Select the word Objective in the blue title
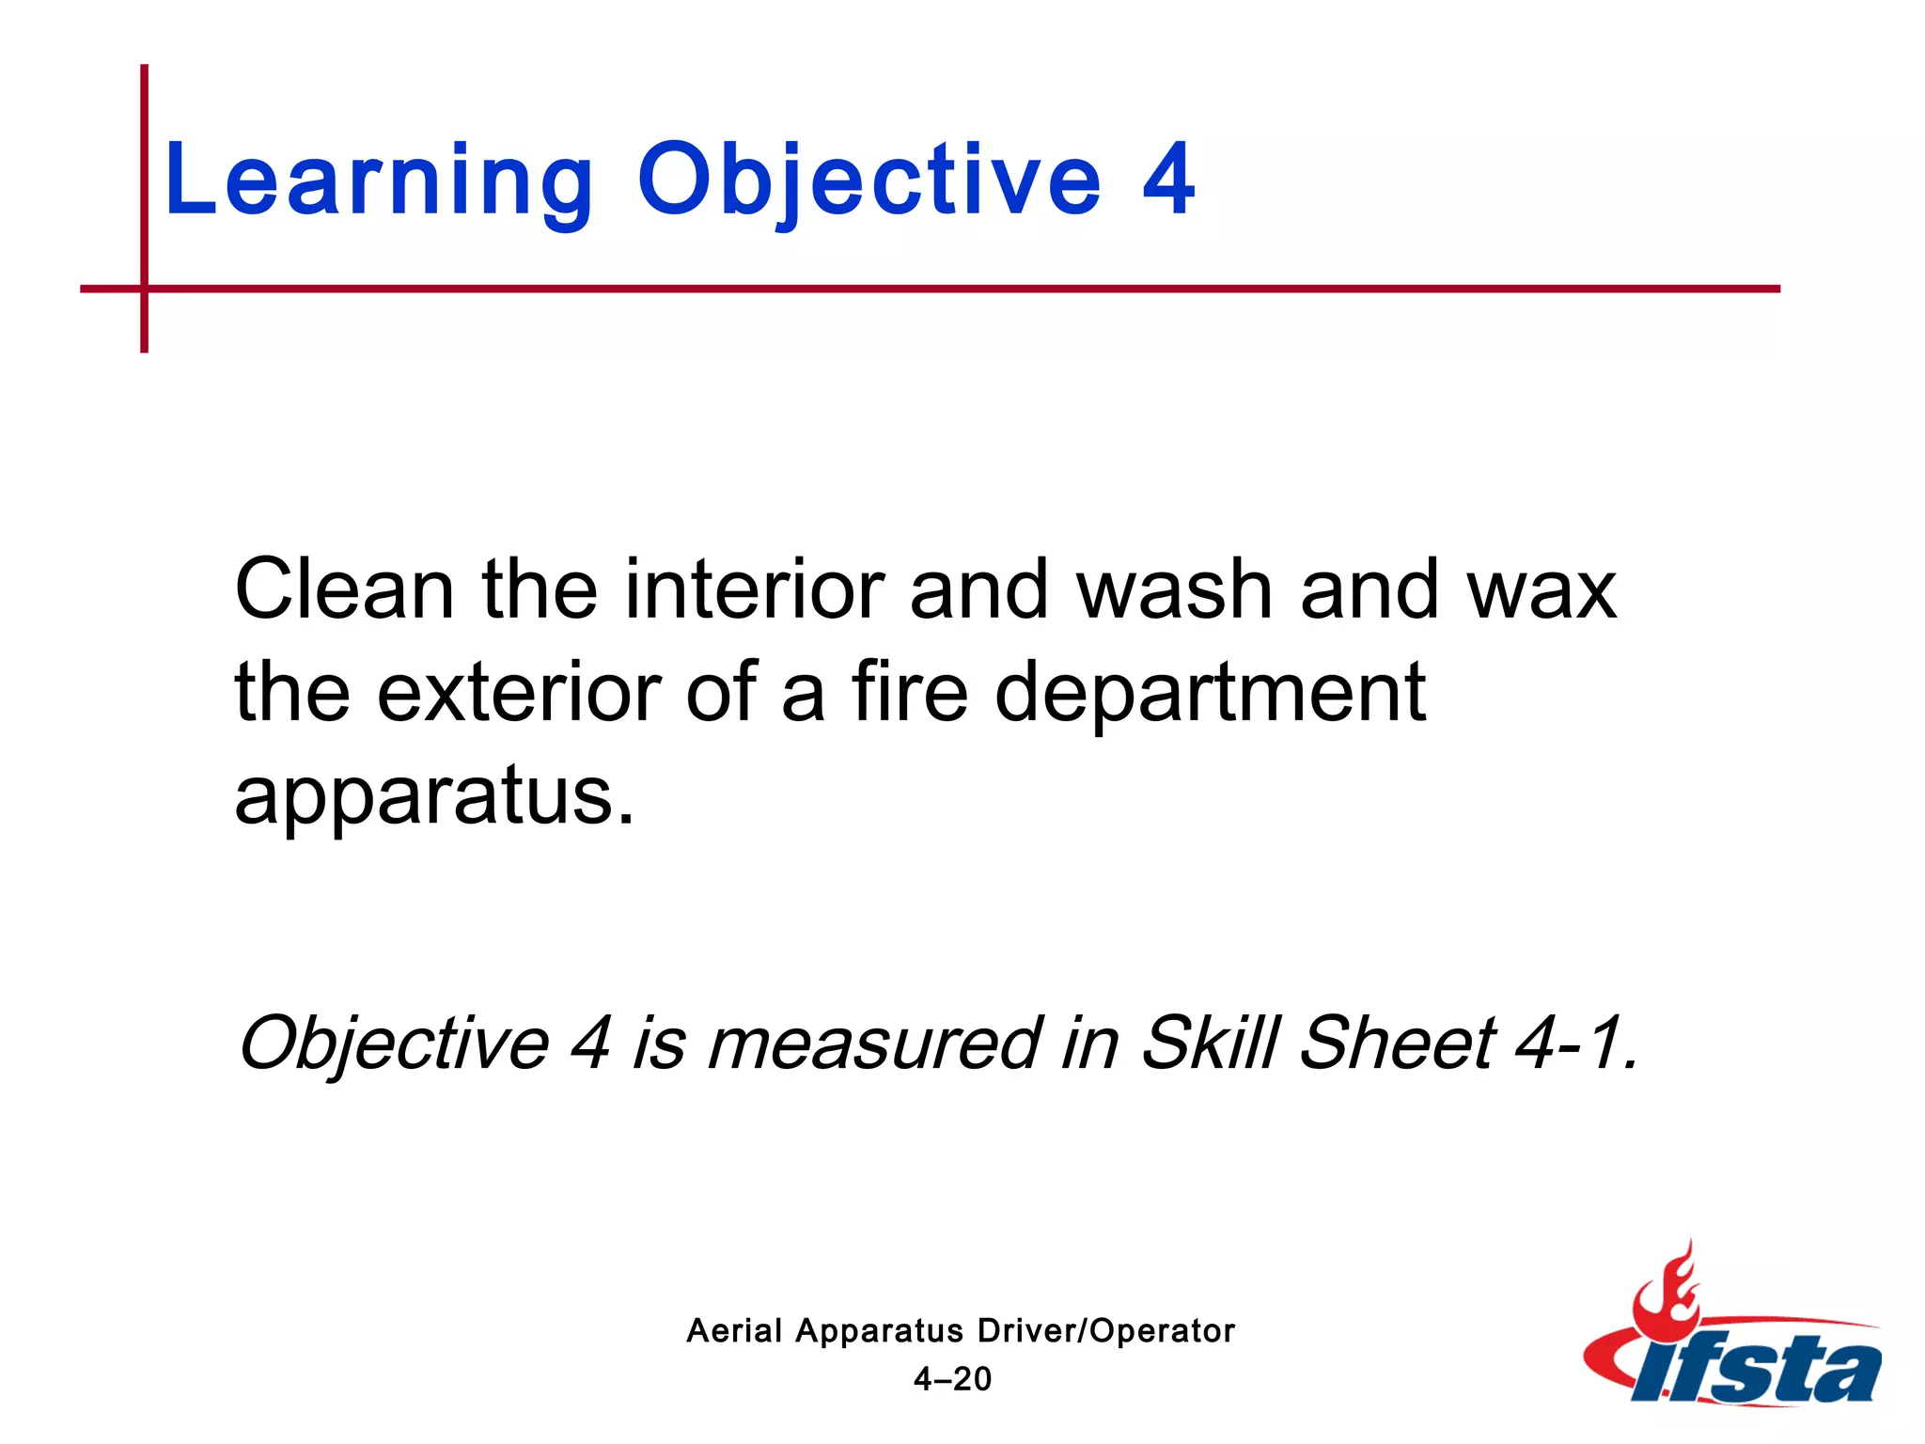tap(869, 180)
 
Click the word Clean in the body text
tap(344, 589)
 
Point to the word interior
tap(754, 589)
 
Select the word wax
tap(1542, 591)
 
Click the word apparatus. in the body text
tap(434, 797)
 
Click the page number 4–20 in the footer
tap(952, 1379)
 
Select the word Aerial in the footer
tap(734, 1331)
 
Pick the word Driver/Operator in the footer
tap(1105, 1331)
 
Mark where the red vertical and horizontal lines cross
tap(145, 289)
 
